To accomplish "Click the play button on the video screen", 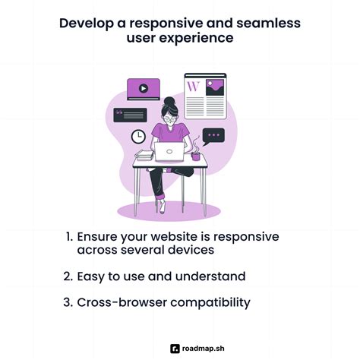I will click(144, 88).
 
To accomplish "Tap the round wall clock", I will click(139, 136).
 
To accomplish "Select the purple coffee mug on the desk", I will click(195, 155).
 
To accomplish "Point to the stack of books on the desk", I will click(144, 155).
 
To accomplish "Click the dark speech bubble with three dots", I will click(214, 136).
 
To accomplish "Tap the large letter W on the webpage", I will click(194, 87).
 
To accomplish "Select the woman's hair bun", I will click(169, 102).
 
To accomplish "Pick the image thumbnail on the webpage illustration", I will click(215, 87).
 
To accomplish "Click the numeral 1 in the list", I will click(69, 235).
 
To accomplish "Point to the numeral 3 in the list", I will click(69, 302).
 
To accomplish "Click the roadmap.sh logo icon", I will click(175, 349).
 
